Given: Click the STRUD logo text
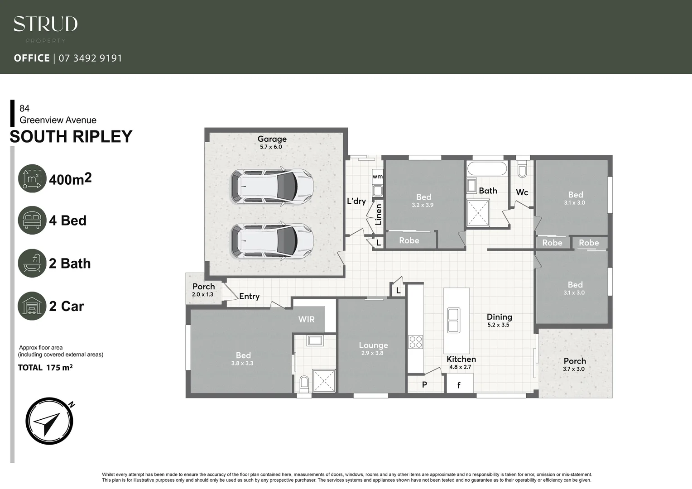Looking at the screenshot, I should (x=45, y=24).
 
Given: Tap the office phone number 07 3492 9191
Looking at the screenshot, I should (x=91, y=58).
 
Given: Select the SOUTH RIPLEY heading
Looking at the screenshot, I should (x=71, y=137).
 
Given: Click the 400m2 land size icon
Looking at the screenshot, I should (x=32, y=178).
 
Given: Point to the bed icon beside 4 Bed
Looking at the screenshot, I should (x=32, y=221).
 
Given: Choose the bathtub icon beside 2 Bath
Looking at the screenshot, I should (x=32, y=263).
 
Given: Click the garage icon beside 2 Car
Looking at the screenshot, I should (x=32, y=306).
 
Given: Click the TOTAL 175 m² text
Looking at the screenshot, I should (x=45, y=368).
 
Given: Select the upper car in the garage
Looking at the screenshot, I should (x=272, y=186).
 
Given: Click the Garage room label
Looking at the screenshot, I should (x=272, y=139).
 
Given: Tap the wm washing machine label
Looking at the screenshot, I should (x=377, y=177).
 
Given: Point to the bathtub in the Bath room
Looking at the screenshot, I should (x=487, y=169).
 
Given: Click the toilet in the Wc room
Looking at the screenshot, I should (x=522, y=170).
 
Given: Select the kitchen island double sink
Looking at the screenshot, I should (x=453, y=320).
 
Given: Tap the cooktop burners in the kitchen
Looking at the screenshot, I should (x=416, y=342).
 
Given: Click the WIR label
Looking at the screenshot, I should (x=306, y=319).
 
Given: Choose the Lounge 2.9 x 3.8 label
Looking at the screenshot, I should (x=373, y=348).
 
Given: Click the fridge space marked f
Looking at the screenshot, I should (x=459, y=385).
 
